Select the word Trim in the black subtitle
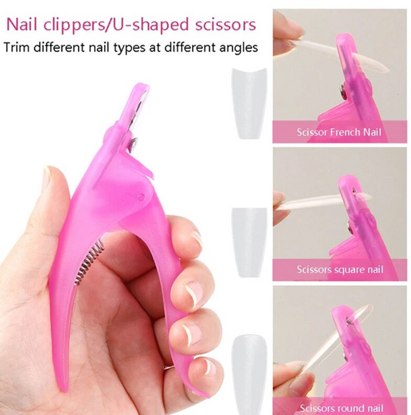pyautogui.click(x=21, y=47)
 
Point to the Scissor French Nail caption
pyautogui.click(x=339, y=132)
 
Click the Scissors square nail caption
pyautogui.click(x=339, y=269)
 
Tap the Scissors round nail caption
pyautogui.click(x=339, y=407)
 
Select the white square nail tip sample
pyautogui.click(x=250, y=232)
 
